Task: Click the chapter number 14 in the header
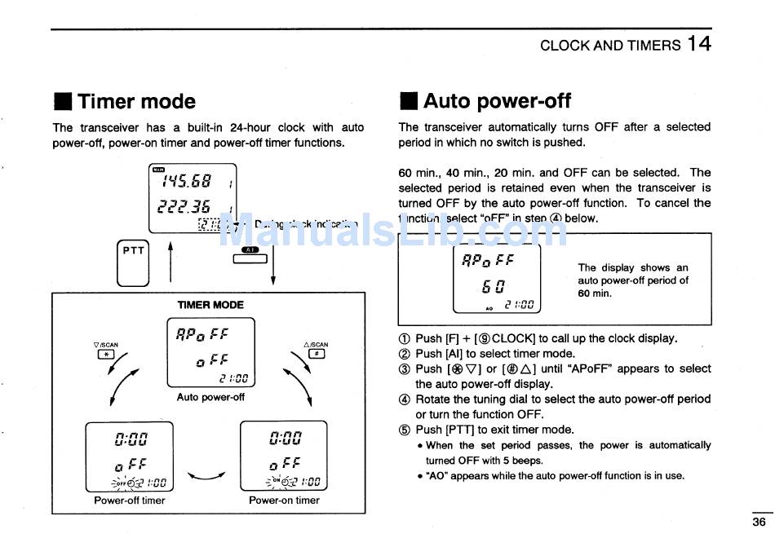coord(699,43)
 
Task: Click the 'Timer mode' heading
coord(136,102)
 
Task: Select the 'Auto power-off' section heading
coord(497,101)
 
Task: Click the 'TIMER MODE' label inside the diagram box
coord(210,305)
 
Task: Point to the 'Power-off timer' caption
coord(130,501)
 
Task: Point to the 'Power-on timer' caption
coord(284,501)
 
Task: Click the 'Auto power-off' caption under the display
coord(210,398)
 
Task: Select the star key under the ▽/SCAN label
coord(106,355)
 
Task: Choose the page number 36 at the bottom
coord(759,523)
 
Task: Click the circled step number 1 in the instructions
coord(405,339)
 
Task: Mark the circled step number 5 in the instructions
coord(405,430)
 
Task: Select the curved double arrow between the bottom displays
coord(206,476)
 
